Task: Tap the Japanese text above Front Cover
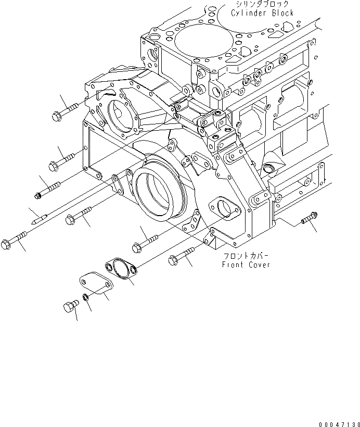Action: (x=246, y=256)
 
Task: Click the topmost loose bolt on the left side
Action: (x=66, y=111)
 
